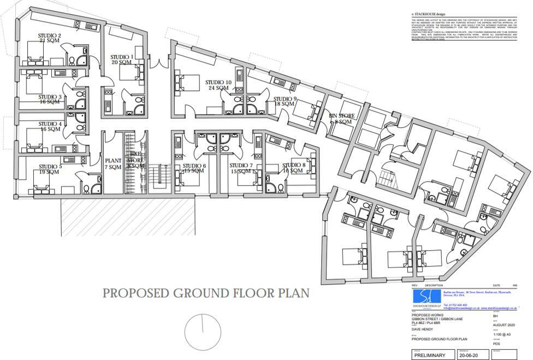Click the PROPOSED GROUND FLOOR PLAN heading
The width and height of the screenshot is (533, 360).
pos(206,293)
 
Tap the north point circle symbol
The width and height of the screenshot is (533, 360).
pos(202,331)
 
